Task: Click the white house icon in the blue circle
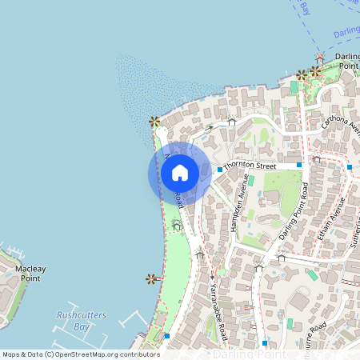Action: pos(180,173)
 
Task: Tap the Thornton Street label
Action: pos(250,166)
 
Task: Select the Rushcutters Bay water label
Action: pos(82,321)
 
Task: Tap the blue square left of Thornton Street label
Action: pos(219,170)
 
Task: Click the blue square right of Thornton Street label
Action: pos(299,165)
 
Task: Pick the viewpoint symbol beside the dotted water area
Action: pos(153,122)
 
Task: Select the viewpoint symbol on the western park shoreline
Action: pos(150,278)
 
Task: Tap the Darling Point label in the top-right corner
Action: pos(347,61)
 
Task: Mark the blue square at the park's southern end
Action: pos(166,337)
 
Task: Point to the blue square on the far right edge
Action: pos(350,167)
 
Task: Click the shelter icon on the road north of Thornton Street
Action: pos(231,122)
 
